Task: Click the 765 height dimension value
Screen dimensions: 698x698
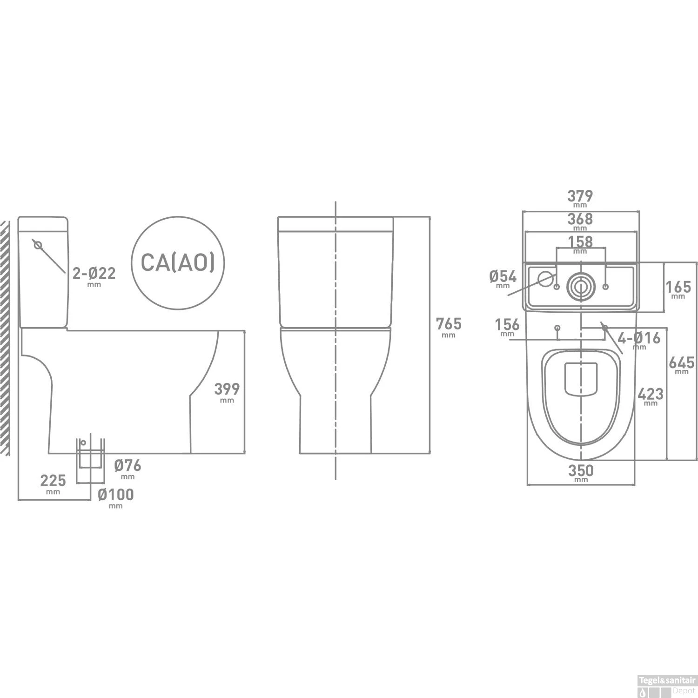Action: [449, 323]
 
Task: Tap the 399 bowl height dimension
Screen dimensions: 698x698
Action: [227, 389]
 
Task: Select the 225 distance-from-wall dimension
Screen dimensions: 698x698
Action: [53, 480]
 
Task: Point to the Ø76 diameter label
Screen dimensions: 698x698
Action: [128, 465]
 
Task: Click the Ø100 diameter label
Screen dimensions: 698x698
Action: [116, 495]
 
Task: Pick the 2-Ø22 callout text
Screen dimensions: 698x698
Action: [94, 273]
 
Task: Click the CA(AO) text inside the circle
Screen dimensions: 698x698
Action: [178, 263]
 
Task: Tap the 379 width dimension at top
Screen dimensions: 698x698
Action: [580, 196]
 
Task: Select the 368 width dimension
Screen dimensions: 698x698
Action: [580, 219]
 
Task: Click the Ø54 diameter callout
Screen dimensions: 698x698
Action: [503, 277]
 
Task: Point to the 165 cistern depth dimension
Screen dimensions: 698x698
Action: [678, 287]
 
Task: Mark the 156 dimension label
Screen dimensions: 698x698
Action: [507, 324]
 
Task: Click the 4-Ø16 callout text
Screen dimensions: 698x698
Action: [639, 338]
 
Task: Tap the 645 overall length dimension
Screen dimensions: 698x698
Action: [682, 362]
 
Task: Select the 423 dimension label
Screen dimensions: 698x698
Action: [651, 394]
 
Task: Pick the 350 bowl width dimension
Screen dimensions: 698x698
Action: [581, 470]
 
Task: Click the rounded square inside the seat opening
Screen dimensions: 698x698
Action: [581, 379]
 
